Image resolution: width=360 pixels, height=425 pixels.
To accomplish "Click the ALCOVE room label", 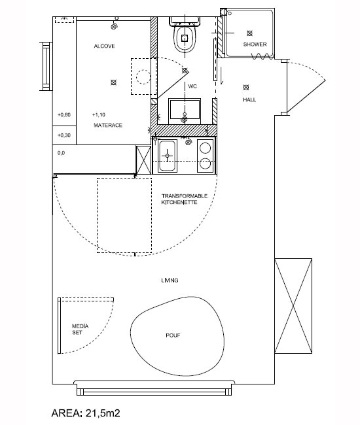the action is (104, 46).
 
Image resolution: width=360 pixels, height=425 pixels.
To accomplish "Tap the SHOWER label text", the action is (255, 44).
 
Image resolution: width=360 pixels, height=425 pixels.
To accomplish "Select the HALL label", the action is (249, 100).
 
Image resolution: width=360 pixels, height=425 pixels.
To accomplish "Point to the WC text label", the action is (192, 86).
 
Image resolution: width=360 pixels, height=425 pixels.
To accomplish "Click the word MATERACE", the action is (108, 126).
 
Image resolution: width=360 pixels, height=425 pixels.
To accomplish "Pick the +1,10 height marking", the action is (99, 115).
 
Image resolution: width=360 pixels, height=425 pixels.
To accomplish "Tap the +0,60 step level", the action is (64, 115).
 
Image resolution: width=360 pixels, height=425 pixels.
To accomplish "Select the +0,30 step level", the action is (64, 135).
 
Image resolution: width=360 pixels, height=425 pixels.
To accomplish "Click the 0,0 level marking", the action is (61, 153).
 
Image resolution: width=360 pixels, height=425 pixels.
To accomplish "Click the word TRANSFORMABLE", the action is (185, 196).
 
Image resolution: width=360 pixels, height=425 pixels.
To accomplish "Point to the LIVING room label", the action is (170, 280).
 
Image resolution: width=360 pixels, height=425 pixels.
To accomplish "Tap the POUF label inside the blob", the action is (173, 335).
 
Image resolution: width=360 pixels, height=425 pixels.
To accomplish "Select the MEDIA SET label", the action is (80, 330).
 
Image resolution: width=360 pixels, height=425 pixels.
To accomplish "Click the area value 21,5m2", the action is (103, 413).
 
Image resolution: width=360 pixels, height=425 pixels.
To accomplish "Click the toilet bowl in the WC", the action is (185, 38).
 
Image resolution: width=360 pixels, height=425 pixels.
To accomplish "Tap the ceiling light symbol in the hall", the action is (246, 88).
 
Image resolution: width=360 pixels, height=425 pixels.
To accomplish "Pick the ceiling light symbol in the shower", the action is (249, 33).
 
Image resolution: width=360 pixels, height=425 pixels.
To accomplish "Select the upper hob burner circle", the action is (206, 148).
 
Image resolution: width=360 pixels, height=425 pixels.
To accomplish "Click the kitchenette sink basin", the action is (167, 156).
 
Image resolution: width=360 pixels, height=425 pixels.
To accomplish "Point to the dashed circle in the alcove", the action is (143, 76).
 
